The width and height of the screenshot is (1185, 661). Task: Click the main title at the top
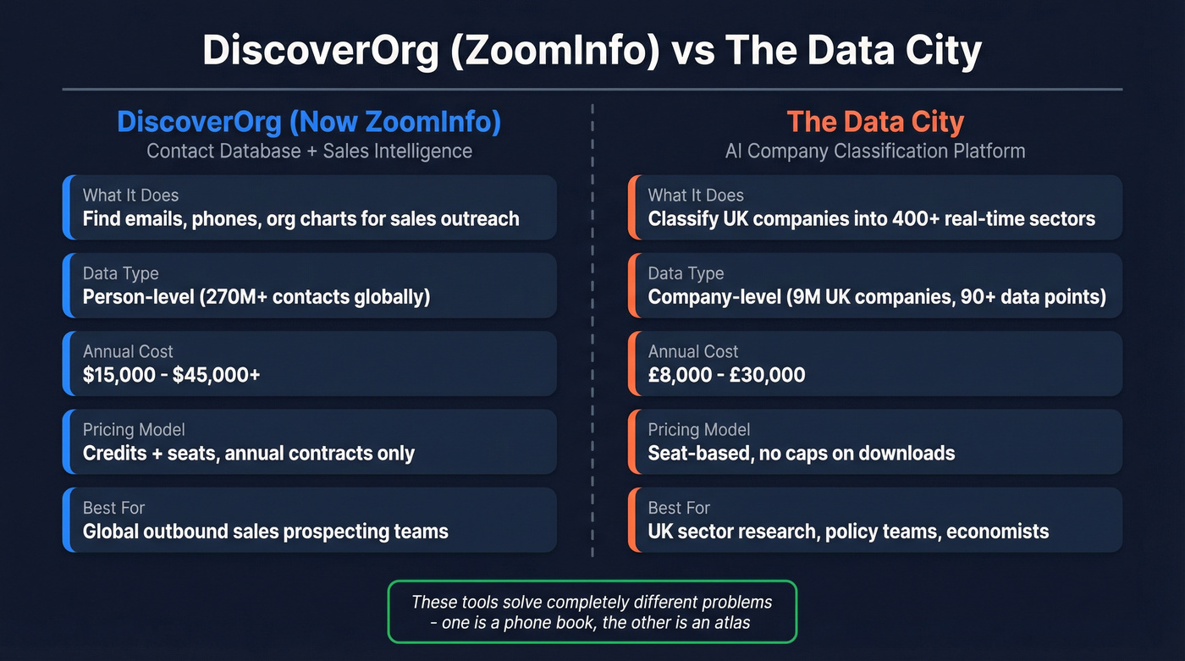(x=592, y=51)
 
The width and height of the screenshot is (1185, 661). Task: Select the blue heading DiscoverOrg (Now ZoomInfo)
(x=309, y=122)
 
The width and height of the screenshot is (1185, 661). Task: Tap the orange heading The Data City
(x=875, y=122)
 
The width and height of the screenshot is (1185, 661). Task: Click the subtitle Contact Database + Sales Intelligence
(x=309, y=151)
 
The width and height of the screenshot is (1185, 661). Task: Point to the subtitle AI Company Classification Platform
(x=875, y=151)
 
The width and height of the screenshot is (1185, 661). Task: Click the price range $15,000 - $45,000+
(x=171, y=375)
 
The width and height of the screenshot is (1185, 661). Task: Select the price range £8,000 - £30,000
(x=726, y=375)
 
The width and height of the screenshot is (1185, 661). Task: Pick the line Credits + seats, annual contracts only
(x=249, y=454)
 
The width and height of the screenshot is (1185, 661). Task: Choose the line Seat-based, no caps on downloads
(x=801, y=454)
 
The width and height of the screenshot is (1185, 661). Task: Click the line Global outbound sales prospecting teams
(x=265, y=532)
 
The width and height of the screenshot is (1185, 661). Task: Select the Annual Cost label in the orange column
(x=693, y=351)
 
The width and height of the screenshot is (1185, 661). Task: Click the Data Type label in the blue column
(x=120, y=273)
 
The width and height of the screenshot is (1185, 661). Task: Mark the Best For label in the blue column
(x=113, y=508)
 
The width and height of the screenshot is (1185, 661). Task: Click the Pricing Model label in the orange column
(x=699, y=430)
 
